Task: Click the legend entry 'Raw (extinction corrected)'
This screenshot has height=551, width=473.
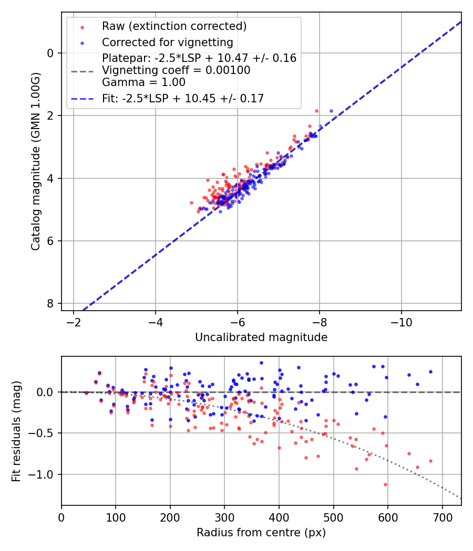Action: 174,26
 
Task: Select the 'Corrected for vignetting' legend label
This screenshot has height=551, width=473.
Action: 167,42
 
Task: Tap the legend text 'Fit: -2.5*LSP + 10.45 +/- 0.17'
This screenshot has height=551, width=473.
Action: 182,98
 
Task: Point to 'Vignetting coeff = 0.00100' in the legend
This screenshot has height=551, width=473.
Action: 176,70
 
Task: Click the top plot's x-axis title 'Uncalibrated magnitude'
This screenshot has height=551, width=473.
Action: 261,337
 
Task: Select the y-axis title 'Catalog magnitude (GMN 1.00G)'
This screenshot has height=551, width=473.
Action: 35,161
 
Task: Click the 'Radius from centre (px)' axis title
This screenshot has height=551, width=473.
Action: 261,533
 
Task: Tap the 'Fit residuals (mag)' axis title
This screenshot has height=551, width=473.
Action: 16,431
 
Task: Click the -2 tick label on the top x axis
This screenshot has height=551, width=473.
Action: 74,322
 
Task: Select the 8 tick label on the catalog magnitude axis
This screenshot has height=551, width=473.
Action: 50,304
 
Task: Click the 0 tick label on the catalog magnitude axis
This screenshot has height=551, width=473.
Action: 50,53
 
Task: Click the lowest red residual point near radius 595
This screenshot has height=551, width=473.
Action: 385,484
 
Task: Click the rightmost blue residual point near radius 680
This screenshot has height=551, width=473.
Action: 430,372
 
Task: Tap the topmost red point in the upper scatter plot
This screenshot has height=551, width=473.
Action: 316,111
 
